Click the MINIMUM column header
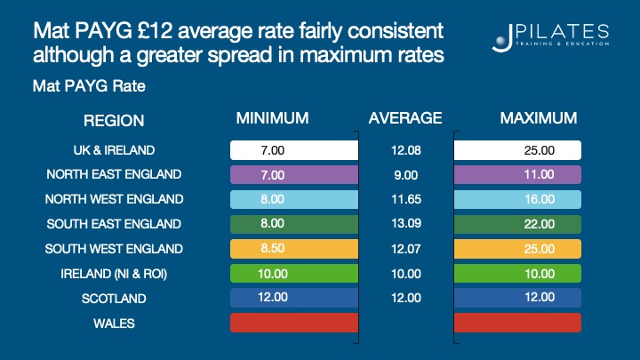click(x=272, y=117)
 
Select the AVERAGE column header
click(x=404, y=117)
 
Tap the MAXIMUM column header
click(x=539, y=117)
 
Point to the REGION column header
click(x=114, y=121)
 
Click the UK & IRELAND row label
click(x=115, y=149)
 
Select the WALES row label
click(x=115, y=324)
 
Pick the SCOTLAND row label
click(x=115, y=299)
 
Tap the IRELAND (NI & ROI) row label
click(x=115, y=274)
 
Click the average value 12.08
click(x=404, y=150)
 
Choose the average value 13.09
click(x=404, y=224)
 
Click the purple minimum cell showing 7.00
click(x=293, y=174)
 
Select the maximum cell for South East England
click(x=517, y=224)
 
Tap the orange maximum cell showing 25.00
click(x=517, y=249)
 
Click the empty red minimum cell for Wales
click(x=293, y=323)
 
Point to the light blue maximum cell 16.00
click(x=517, y=199)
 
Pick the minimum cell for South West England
click(x=293, y=249)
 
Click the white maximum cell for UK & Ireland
click(x=517, y=150)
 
